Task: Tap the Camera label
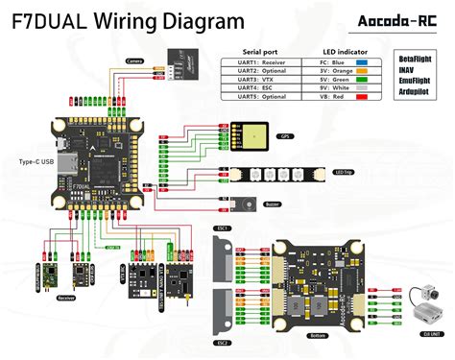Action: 135,60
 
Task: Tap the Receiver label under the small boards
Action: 66,299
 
